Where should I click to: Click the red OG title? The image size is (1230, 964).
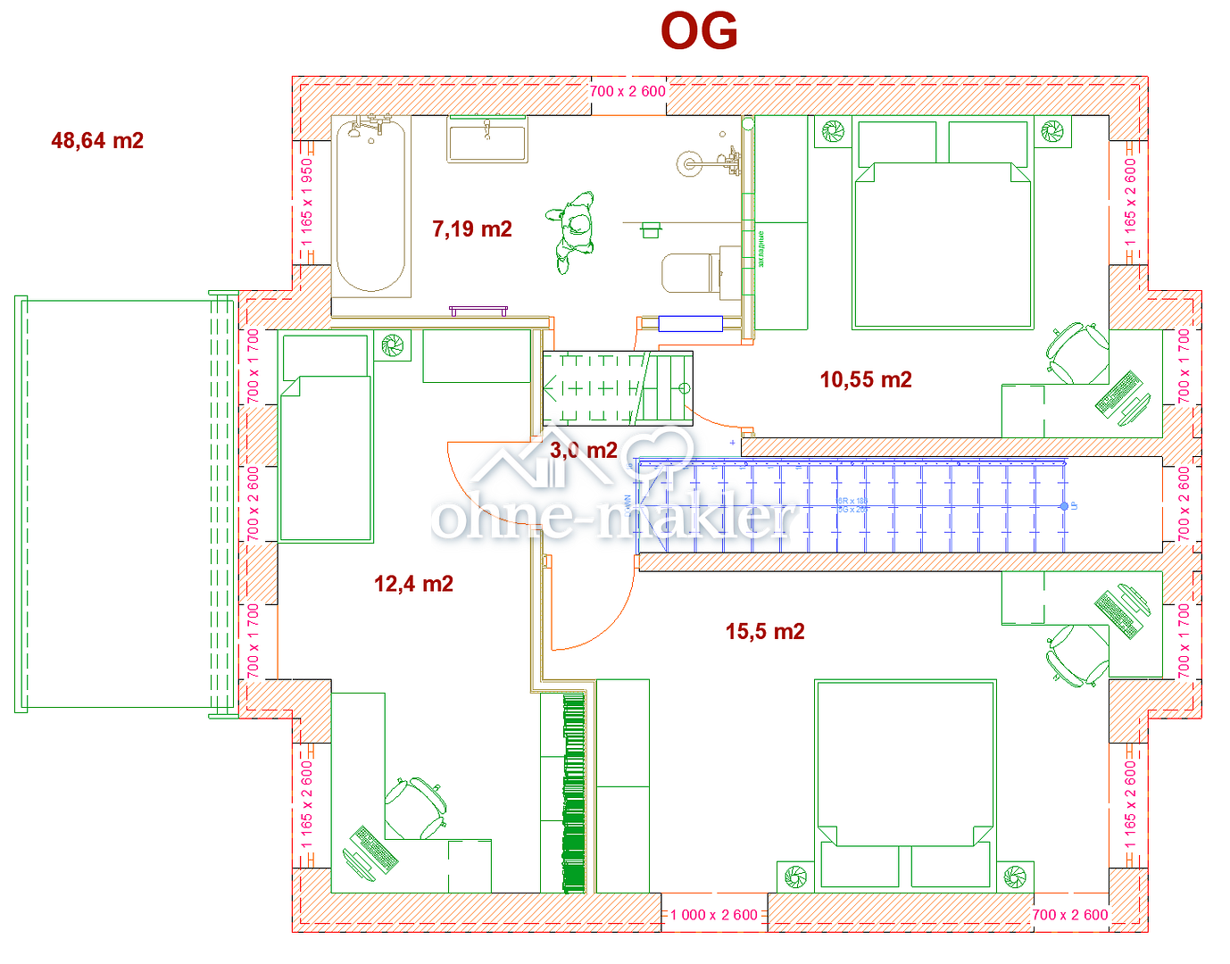[x=699, y=32]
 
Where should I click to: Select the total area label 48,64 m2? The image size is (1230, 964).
[x=97, y=141]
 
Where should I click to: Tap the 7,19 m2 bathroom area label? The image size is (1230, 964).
[x=472, y=229]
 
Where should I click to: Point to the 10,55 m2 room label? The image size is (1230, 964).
[x=866, y=380]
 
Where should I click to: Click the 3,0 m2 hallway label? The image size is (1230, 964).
[x=584, y=451]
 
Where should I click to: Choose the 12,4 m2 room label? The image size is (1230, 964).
[x=413, y=585]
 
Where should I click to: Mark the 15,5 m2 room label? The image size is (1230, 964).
[x=765, y=632]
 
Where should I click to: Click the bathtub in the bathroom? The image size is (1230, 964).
[x=370, y=207]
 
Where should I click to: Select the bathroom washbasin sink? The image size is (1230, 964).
[x=487, y=142]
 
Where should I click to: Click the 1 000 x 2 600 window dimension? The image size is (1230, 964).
[x=714, y=915]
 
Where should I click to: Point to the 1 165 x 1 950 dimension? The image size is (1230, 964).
[x=307, y=204]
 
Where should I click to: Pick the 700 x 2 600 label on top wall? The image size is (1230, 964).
[x=627, y=91]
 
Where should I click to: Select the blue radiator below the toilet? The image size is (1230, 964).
[x=690, y=323]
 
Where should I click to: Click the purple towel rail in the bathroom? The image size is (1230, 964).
[x=478, y=311]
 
